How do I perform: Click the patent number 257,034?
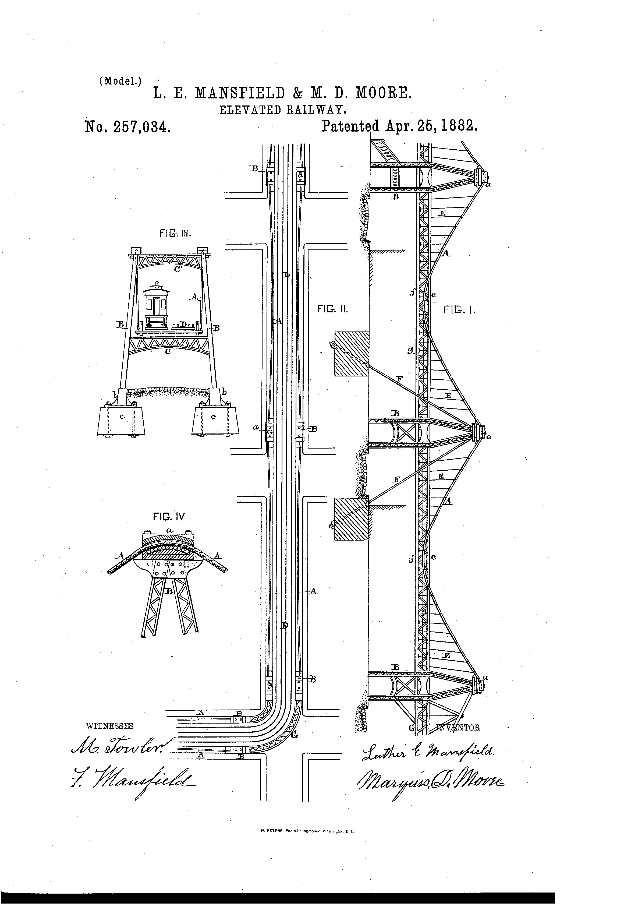click(127, 127)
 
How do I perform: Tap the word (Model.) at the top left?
click(120, 81)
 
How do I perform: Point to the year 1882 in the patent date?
click(458, 126)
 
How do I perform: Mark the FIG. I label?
click(459, 310)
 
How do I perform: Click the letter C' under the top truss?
click(178, 270)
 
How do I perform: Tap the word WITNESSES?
click(110, 726)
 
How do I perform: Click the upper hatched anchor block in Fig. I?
click(351, 353)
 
